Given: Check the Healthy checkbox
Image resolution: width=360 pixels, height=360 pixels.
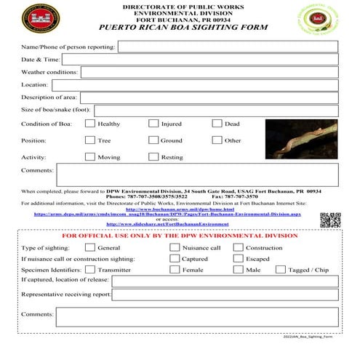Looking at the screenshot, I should (90, 124).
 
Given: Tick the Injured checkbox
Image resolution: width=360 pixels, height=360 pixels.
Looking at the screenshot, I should (153, 124).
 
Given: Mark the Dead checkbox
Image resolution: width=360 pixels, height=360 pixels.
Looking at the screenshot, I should (217, 124).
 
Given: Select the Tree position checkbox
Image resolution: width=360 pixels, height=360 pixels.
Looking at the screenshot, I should (90, 140).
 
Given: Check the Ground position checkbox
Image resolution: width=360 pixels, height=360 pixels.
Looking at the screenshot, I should (153, 140).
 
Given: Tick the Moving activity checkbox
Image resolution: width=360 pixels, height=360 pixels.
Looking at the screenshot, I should (90, 157).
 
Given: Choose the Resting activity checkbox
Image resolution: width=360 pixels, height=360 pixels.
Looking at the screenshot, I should (153, 157).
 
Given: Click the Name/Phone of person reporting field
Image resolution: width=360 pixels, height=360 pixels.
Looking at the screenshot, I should (228, 47).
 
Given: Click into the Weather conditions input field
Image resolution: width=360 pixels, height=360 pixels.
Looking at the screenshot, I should (209, 72).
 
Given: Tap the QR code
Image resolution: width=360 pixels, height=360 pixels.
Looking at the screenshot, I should (330, 220).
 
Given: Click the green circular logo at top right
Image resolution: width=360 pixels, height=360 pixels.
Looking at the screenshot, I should (318, 19).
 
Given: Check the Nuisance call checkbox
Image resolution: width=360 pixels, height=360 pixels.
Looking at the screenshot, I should (175, 248).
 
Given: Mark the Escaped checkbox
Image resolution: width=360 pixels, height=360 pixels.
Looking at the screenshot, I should (238, 259).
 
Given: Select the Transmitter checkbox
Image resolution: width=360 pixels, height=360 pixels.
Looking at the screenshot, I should (90, 270).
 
